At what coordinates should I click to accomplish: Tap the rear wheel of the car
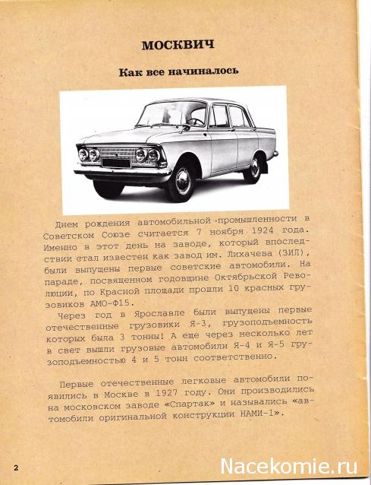(251, 168)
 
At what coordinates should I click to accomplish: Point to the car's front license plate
(117, 161)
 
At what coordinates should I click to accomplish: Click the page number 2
(15, 464)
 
